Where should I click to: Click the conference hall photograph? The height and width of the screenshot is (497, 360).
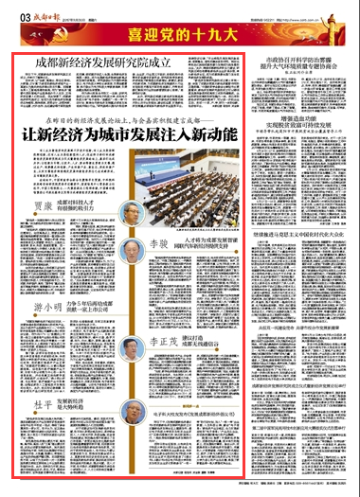(x=181, y=181)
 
